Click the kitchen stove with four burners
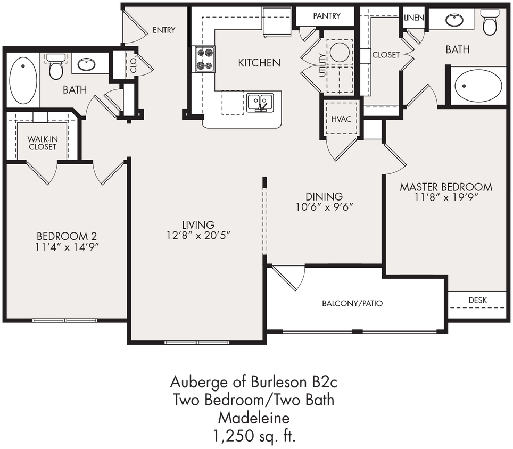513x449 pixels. tap(205, 59)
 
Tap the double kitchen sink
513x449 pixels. tap(260, 102)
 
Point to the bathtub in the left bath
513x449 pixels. tap(23, 80)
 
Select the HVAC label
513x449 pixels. tap(341, 119)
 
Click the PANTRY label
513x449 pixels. tap(326, 16)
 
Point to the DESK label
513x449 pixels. tap(477, 300)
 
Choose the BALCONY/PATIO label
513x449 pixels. tap(352, 304)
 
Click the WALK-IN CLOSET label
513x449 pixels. tap(43, 143)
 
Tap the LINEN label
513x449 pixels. tap(413, 18)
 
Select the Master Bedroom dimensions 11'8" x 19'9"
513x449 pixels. tap(446, 197)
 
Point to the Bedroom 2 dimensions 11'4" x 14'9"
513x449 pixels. tap(67, 246)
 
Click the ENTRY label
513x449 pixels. tap(163, 30)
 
